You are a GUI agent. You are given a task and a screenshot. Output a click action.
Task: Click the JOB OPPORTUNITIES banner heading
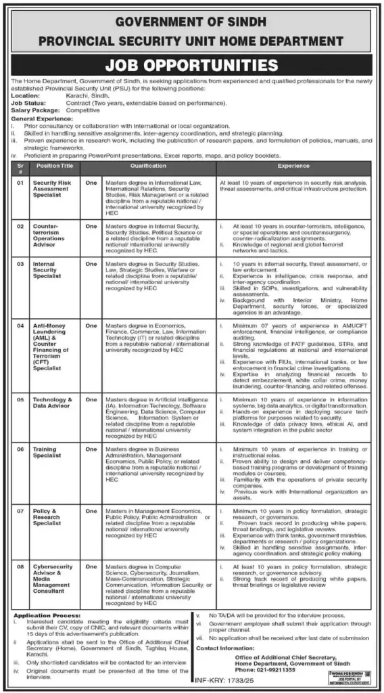click(191, 66)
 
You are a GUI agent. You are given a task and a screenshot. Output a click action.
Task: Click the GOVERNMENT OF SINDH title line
click(191, 22)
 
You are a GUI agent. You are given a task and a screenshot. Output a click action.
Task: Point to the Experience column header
click(293, 166)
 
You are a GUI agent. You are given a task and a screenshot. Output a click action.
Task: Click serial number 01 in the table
click(21, 182)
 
